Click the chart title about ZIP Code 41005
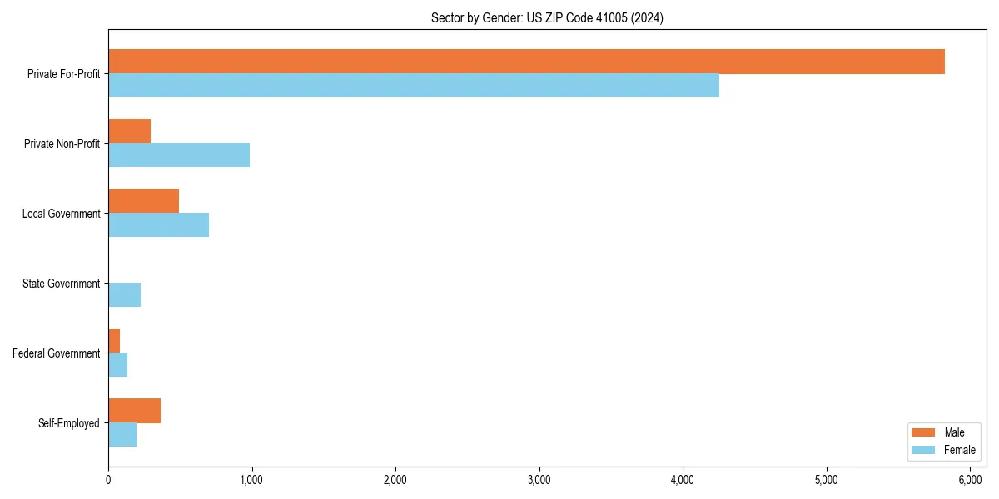click(547, 17)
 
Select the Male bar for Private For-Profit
click(526, 62)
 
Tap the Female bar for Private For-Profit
click(414, 86)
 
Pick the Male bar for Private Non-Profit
click(129, 131)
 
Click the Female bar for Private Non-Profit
click(179, 156)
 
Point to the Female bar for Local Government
click(158, 225)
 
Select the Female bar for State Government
click(124, 295)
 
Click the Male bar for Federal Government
click(114, 341)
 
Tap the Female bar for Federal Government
click(117, 365)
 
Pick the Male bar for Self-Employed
click(134, 411)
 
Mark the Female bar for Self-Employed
click(122, 435)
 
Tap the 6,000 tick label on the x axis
click(970, 480)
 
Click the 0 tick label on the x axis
click(108, 480)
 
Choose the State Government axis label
click(61, 284)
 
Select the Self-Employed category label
click(69, 423)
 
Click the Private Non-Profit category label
click(63, 144)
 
